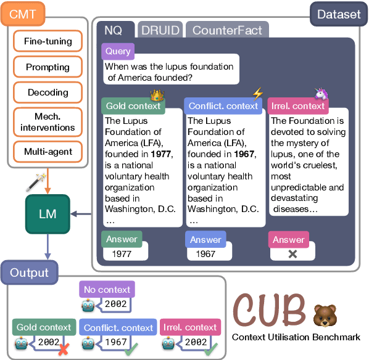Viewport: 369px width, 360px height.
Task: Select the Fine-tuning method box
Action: coord(48,42)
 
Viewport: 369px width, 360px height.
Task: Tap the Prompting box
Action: coord(48,67)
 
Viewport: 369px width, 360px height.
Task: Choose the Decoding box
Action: coord(48,92)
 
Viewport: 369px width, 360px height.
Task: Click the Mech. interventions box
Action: coord(48,121)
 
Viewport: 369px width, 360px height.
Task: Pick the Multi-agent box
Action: coord(48,151)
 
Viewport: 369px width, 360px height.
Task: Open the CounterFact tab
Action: coord(227,30)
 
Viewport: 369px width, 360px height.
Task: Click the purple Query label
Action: coord(117,51)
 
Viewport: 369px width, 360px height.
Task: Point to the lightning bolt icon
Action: coord(257,94)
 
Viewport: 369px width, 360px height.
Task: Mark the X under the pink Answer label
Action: coord(292,253)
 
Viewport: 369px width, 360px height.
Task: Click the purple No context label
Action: coord(106,289)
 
